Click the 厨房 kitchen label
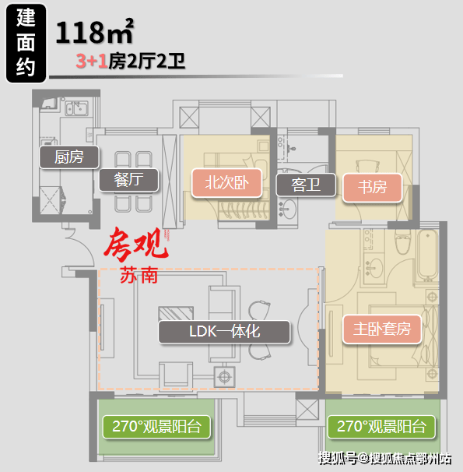click(x=68, y=157)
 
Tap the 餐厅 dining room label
click(x=128, y=180)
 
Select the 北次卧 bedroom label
click(x=226, y=183)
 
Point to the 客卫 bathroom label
click(x=306, y=185)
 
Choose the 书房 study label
click(x=372, y=187)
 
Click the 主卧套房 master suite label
click(x=382, y=329)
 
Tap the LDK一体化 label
click(x=224, y=332)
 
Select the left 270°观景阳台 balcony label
click(x=156, y=427)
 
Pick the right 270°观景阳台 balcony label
click(x=381, y=427)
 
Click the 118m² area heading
click(x=94, y=32)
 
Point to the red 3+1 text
click(x=92, y=61)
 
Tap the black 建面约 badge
click(x=26, y=43)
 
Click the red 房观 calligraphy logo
click(x=136, y=244)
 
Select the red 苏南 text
click(x=139, y=275)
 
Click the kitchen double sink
click(x=77, y=108)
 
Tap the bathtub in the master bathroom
click(x=428, y=255)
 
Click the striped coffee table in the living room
click(x=176, y=313)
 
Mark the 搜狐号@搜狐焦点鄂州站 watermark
click(x=385, y=459)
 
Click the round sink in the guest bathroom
click(x=289, y=209)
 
